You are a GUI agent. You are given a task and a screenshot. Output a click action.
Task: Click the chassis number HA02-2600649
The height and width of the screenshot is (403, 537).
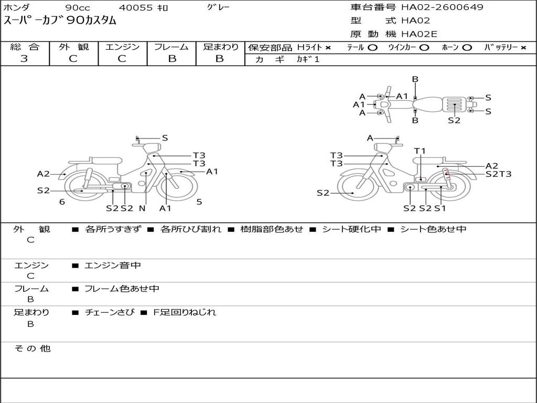click(442, 7)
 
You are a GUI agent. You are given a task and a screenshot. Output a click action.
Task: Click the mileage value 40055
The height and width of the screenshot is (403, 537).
click(136, 8)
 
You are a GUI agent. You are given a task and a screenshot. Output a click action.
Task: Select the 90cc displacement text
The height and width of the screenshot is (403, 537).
click(78, 8)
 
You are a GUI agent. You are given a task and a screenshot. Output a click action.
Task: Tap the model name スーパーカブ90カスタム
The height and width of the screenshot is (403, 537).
click(60, 21)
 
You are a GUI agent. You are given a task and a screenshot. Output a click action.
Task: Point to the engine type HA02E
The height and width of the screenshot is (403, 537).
click(419, 35)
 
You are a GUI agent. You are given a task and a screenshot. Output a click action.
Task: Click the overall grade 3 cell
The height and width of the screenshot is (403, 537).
click(25, 59)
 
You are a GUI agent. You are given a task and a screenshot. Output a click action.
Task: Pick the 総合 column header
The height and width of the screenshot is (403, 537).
click(25, 47)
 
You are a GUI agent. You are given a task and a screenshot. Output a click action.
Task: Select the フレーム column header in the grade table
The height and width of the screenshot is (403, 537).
click(171, 47)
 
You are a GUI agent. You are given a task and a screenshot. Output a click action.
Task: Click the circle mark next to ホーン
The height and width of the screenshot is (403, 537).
click(467, 48)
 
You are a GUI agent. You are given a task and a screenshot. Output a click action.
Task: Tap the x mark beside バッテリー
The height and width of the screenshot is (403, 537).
click(523, 48)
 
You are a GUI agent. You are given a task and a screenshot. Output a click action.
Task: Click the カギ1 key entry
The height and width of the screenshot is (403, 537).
click(308, 59)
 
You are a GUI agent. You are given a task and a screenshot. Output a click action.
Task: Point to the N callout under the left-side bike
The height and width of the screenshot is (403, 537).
click(142, 208)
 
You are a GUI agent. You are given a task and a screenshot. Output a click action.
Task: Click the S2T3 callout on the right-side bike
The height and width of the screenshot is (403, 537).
click(498, 174)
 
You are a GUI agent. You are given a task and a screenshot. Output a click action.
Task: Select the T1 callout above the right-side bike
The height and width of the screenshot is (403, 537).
click(420, 151)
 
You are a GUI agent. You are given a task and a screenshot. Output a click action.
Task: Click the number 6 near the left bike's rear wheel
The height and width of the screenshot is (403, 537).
click(62, 201)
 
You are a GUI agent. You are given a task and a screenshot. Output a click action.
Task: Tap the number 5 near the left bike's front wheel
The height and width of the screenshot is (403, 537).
click(199, 201)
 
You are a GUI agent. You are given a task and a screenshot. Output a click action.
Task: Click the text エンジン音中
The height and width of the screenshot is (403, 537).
click(113, 266)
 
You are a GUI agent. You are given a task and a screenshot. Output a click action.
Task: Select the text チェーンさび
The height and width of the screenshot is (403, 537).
click(109, 312)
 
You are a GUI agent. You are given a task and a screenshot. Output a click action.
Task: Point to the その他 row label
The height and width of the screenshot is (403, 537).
click(32, 348)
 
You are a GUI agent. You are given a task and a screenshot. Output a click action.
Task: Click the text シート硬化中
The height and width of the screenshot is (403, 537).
click(351, 229)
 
